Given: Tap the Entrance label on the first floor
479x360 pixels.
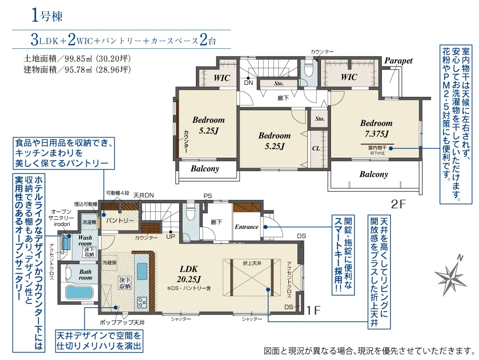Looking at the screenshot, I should (246, 227).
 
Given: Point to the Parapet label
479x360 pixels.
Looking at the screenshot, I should (398, 61).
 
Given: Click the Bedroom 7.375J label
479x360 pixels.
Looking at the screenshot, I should (376, 128).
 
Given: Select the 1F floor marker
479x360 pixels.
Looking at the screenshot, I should (313, 311).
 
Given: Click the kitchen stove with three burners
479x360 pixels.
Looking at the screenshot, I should (143, 302).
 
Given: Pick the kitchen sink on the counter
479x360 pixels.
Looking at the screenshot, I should (143, 272).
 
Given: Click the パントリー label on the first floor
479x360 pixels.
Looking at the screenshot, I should (120, 221).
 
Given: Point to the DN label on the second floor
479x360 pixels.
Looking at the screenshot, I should (248, 82).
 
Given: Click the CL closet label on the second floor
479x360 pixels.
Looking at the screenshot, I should (316, 149).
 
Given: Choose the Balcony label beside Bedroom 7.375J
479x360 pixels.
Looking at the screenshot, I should (374, 174).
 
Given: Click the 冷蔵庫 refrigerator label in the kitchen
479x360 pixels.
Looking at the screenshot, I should (110, 263).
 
